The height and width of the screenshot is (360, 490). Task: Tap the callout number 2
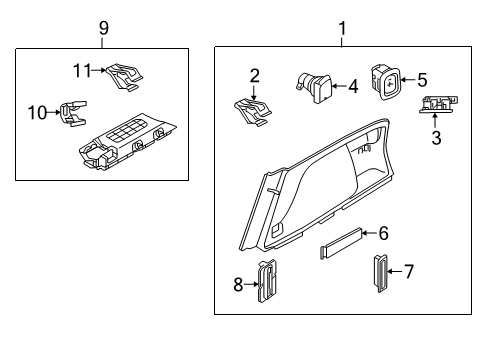click(255, 75)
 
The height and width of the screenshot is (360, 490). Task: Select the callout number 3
click(436, 138)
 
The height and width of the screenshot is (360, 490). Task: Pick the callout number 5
click(422, 78)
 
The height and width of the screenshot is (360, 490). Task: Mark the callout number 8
click(238, 284)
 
